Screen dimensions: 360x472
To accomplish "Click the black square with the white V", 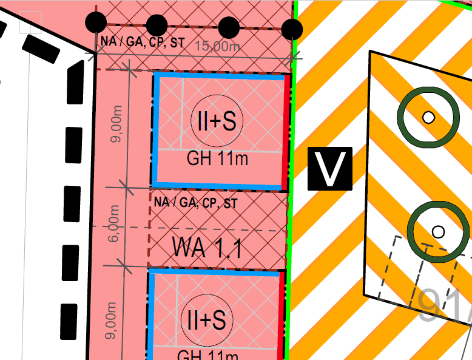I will pyautogui.click(x=329, y=168).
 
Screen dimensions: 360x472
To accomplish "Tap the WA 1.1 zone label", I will pyautogui.click(x=207, y=247).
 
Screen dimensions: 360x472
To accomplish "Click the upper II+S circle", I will pyautogui.click(x=217, y=121).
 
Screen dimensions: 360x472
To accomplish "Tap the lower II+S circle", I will pyautogui.click(x=207, y=319).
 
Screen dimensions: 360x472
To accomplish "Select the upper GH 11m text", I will pyautogui.click(x=217, y=160).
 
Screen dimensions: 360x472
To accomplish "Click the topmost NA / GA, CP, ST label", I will pyautogui.click(x=143, y=43).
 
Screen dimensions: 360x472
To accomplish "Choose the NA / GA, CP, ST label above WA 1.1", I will pyautogui.click(x=195, y=203).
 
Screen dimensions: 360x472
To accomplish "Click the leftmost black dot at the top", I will pyautogui.click(x=96, y=23).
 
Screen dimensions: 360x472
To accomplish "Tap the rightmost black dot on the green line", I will pyautogui.click(x=292, y=29).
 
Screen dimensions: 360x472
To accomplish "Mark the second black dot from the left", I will pyautogui.click(x=157, y=25).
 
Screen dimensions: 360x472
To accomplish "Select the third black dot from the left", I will pyautogui.click(x=228, y=27).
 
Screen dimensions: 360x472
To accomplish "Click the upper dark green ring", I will pyautogui.click(x=428, y=117).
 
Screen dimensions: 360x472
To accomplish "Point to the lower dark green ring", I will pyautogui.click(x=437, y=231).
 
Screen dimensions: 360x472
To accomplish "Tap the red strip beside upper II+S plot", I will pyautogui.click(x=286, y=132).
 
